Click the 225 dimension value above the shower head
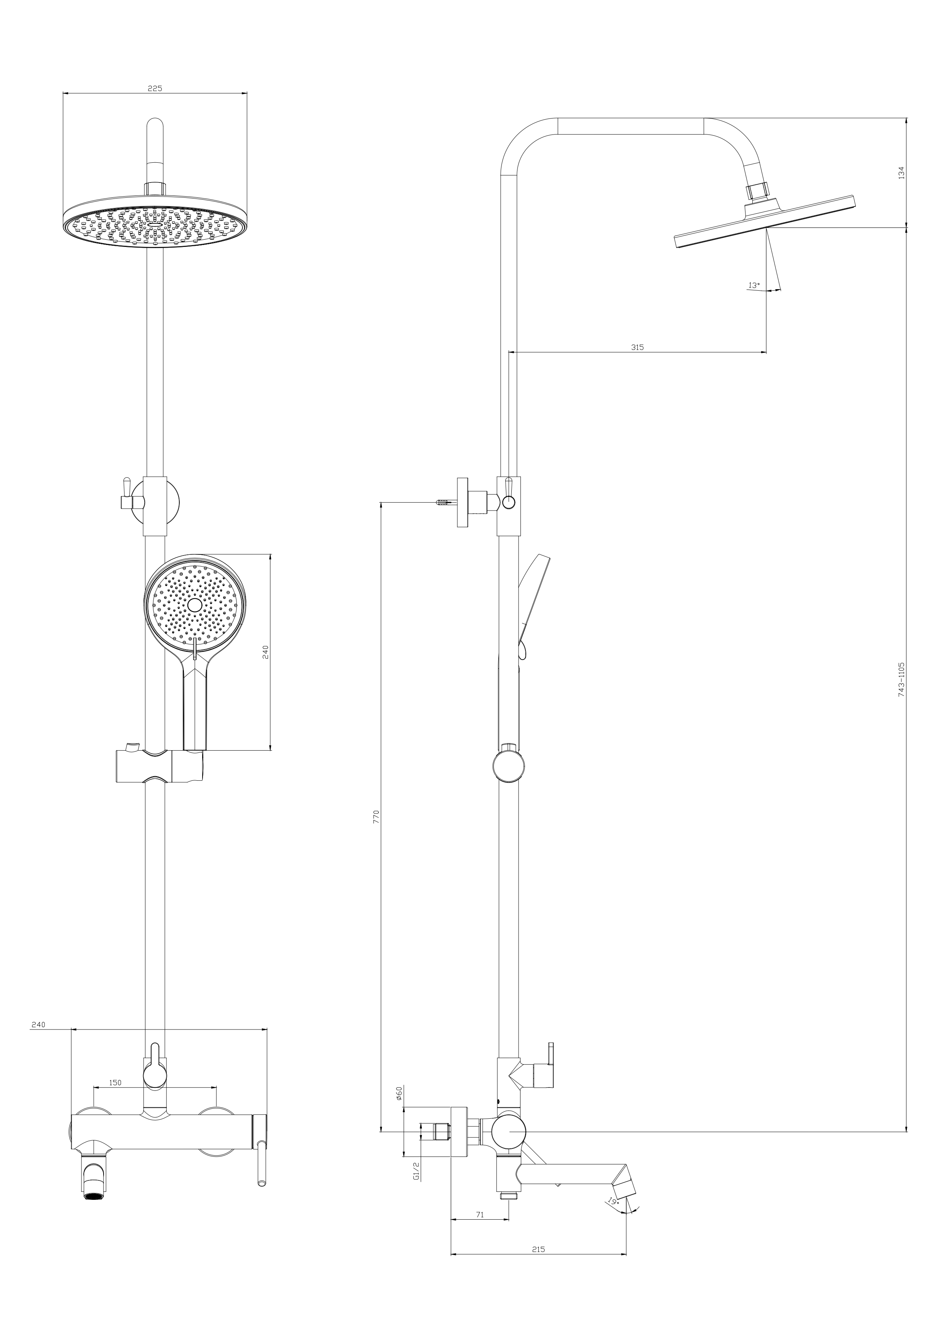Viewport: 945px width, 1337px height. (x=154, y=88)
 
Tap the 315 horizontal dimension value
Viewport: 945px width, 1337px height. (x=637, y=347)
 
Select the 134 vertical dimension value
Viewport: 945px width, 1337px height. (x=901, y=172)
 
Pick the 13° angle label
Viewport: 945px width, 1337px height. (x=754, y=285)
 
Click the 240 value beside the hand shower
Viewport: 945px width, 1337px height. (x=265, y=652)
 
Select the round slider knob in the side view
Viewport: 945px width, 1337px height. (x=509, y=766)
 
